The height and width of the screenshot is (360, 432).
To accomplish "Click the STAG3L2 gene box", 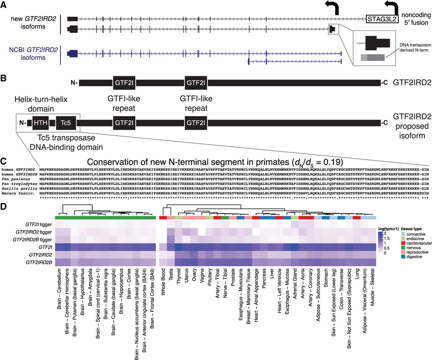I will point(382,19).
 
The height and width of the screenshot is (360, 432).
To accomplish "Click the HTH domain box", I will point(40,123).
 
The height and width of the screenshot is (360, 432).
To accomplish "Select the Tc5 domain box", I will point(65,123).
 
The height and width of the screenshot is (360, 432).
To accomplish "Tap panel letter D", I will point(4,206).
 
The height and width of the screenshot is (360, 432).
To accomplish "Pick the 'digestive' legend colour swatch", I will point(403,257).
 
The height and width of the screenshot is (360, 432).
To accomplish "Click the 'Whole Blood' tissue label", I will point(163,282).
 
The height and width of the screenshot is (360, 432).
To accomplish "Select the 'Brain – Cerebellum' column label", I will point(59,289).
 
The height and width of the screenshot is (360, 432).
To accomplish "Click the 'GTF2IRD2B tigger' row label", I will point(32,240).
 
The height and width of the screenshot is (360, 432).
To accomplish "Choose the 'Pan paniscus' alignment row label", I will point(16,179).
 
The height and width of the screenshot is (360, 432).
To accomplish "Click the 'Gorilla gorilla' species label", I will point(18,189).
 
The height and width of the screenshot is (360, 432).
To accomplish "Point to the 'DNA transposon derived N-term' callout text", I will point(415,48).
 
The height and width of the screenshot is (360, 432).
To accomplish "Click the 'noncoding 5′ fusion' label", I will point(416,19).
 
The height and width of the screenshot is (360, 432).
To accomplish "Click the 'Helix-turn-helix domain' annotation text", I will point(41,104).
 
